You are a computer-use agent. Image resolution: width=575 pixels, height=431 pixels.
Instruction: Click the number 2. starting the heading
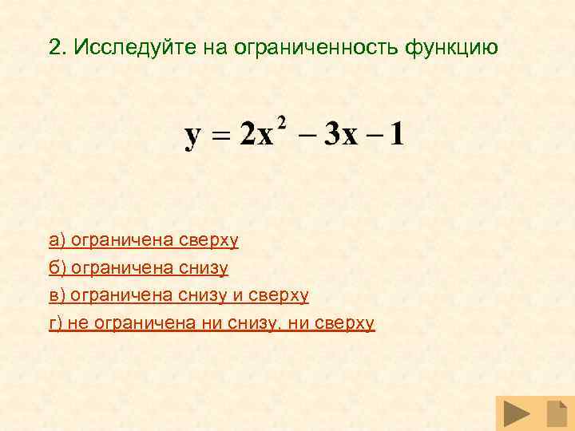(x=56, y=47)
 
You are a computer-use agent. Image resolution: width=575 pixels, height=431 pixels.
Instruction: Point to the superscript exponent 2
(x=283, y=121)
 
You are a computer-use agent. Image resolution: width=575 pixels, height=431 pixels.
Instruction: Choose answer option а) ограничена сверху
(x=144, y=239)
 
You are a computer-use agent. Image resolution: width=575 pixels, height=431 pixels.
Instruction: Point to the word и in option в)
(x=238, y=295)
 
